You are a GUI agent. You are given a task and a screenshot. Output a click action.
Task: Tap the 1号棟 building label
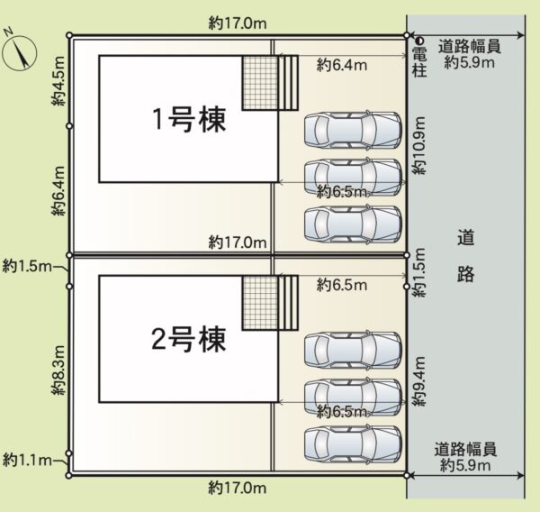coord(189,119)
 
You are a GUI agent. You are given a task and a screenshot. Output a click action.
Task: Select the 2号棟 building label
coord(189,339)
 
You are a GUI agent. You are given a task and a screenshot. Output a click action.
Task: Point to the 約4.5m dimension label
coord(58,81)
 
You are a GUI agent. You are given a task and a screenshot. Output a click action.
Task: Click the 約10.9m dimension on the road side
coord(419,146)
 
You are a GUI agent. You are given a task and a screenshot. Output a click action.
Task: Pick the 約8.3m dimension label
coord(58,370)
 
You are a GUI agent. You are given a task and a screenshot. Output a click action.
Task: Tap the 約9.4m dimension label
coord(419,381)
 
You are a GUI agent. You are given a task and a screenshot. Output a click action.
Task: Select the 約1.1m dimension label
coord(28,461)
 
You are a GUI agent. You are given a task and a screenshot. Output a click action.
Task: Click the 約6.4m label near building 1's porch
coord(342,65)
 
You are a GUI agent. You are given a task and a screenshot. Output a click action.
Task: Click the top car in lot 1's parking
coord(353,130)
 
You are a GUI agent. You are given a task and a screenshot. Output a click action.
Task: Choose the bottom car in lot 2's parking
coord(353,444)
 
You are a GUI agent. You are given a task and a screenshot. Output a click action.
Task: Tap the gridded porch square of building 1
coord(260,83)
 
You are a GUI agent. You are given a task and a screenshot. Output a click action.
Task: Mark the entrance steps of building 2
coord(288,303)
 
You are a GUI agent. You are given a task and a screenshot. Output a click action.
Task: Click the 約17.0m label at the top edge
coord(238,23)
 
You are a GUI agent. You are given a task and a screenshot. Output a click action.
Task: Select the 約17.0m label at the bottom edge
coord(238,489)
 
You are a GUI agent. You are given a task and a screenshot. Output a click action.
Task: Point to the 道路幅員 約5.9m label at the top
coord(470,54)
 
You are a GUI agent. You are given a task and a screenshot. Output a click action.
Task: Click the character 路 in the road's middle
coord(466,274)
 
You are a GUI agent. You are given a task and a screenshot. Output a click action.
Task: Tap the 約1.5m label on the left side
coord(28,266)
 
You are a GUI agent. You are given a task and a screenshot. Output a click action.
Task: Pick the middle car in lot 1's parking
coord(353,177)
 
